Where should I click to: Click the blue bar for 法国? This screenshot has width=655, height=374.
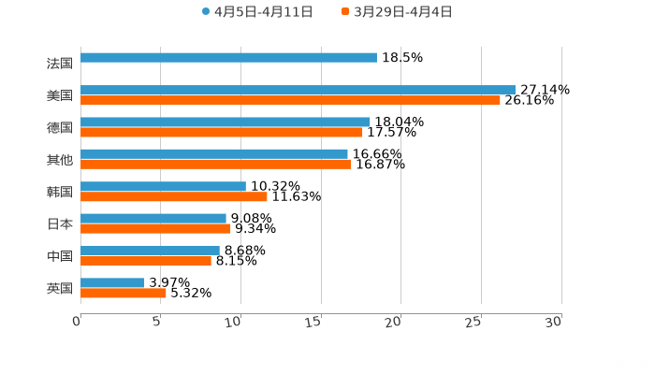[228, 58]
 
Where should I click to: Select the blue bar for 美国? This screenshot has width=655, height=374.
[298, 90]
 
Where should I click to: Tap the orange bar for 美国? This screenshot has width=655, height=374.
[290, 100]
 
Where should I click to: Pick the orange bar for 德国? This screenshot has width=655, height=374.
[222, 132]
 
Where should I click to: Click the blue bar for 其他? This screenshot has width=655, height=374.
[214, 154]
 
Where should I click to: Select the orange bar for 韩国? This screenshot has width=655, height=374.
[174, 196]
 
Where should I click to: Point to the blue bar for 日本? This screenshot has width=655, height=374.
[153, 218]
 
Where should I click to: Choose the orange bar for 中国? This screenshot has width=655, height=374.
[146, 261]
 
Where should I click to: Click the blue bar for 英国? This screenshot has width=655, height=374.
[112, 282]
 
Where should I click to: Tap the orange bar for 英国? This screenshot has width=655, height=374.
[124, 293]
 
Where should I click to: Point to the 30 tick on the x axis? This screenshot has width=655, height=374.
[554, 322]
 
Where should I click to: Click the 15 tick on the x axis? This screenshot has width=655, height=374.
[315, 322]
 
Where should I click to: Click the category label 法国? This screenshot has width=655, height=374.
[60, 64]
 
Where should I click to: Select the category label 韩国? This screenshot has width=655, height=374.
[60, 192]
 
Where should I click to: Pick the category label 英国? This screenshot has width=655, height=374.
[60, 288]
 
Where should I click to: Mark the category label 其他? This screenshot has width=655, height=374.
[60, 160]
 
